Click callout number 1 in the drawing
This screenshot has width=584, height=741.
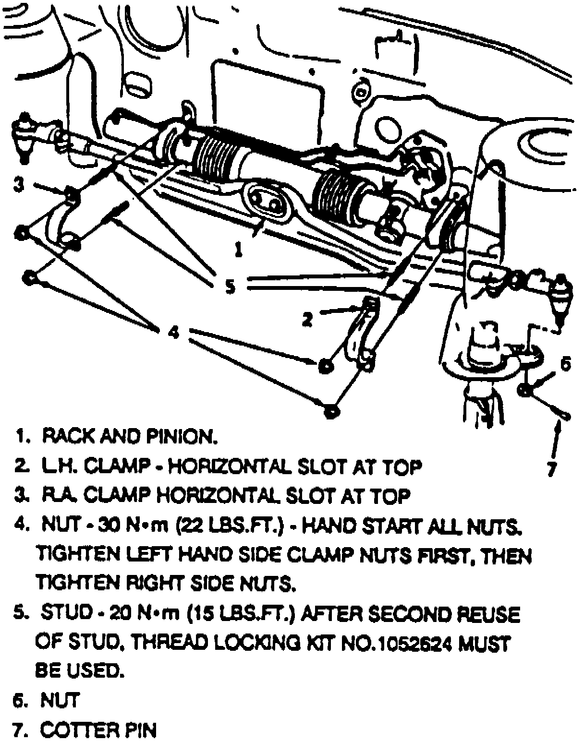239,249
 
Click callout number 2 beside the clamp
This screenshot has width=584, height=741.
308,319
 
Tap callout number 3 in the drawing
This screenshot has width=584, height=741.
18,185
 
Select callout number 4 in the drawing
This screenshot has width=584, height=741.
173,332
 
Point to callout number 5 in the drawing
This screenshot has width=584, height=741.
230,287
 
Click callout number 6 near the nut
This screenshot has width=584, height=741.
565,364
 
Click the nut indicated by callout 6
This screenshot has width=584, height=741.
524,390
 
